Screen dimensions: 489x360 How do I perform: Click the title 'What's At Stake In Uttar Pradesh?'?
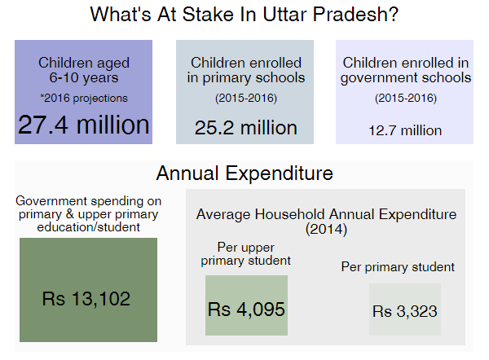click(x=244, y=15)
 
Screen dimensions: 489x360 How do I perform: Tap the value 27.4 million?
click(x=84, y=125)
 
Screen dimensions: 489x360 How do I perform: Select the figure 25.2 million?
click(x=246, y=128)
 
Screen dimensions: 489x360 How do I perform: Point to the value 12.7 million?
click(x=405, y=130)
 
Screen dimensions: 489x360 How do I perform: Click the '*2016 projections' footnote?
click(x=84, y=99)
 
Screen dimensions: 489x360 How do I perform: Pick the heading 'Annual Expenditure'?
click(x=244, y=173)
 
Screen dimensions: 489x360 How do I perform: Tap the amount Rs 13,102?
click(x=86, y=299)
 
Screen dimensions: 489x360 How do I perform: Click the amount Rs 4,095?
click(x=246, y=310)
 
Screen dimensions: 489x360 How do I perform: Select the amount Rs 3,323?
click(x=405, y=311)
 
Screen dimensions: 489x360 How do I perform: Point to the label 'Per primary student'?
click(x=398, y=267)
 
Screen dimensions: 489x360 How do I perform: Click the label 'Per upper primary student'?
click(x=246, y=254)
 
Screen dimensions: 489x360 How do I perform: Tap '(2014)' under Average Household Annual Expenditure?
click(x=326, y=229)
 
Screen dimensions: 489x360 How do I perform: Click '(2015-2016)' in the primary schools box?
click(x=246, y=99)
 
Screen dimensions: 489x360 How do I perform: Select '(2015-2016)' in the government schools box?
click(x=406, y=99)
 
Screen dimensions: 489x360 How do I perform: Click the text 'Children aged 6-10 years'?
click(x=84, y=70)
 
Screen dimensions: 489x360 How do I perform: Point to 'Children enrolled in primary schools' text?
click(x=246, y=70)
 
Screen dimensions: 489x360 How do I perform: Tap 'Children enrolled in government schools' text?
click(x=406, y=70)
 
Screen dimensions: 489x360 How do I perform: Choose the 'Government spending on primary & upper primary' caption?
click(x=89, y=208)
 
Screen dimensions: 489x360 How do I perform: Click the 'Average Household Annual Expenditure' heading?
click(x=326, y=214)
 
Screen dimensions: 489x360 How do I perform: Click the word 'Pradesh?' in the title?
click(x=355, y=15)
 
